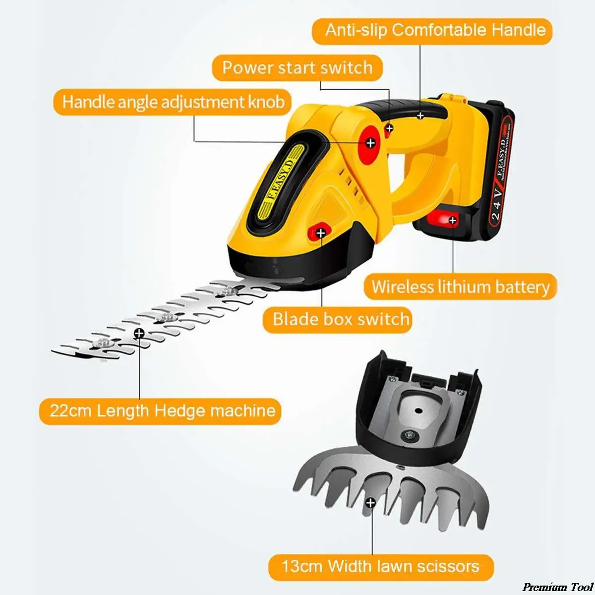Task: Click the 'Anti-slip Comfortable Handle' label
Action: [x=435, y=30]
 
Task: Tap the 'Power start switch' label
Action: [x=297, y=67]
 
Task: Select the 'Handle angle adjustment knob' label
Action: [x=173, y=102]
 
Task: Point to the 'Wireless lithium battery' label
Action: [x=460, y=287]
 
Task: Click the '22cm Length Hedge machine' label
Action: [x=162, y=411]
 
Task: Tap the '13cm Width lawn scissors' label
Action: [x=380, y=566]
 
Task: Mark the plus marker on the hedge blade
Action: [x=139, y=333]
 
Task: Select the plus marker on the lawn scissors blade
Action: [x=370, y=503]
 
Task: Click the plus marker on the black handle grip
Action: [x=420, y=116]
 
